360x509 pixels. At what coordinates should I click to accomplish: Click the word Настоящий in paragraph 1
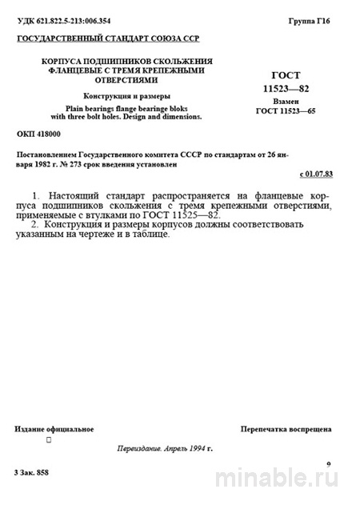78,195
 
